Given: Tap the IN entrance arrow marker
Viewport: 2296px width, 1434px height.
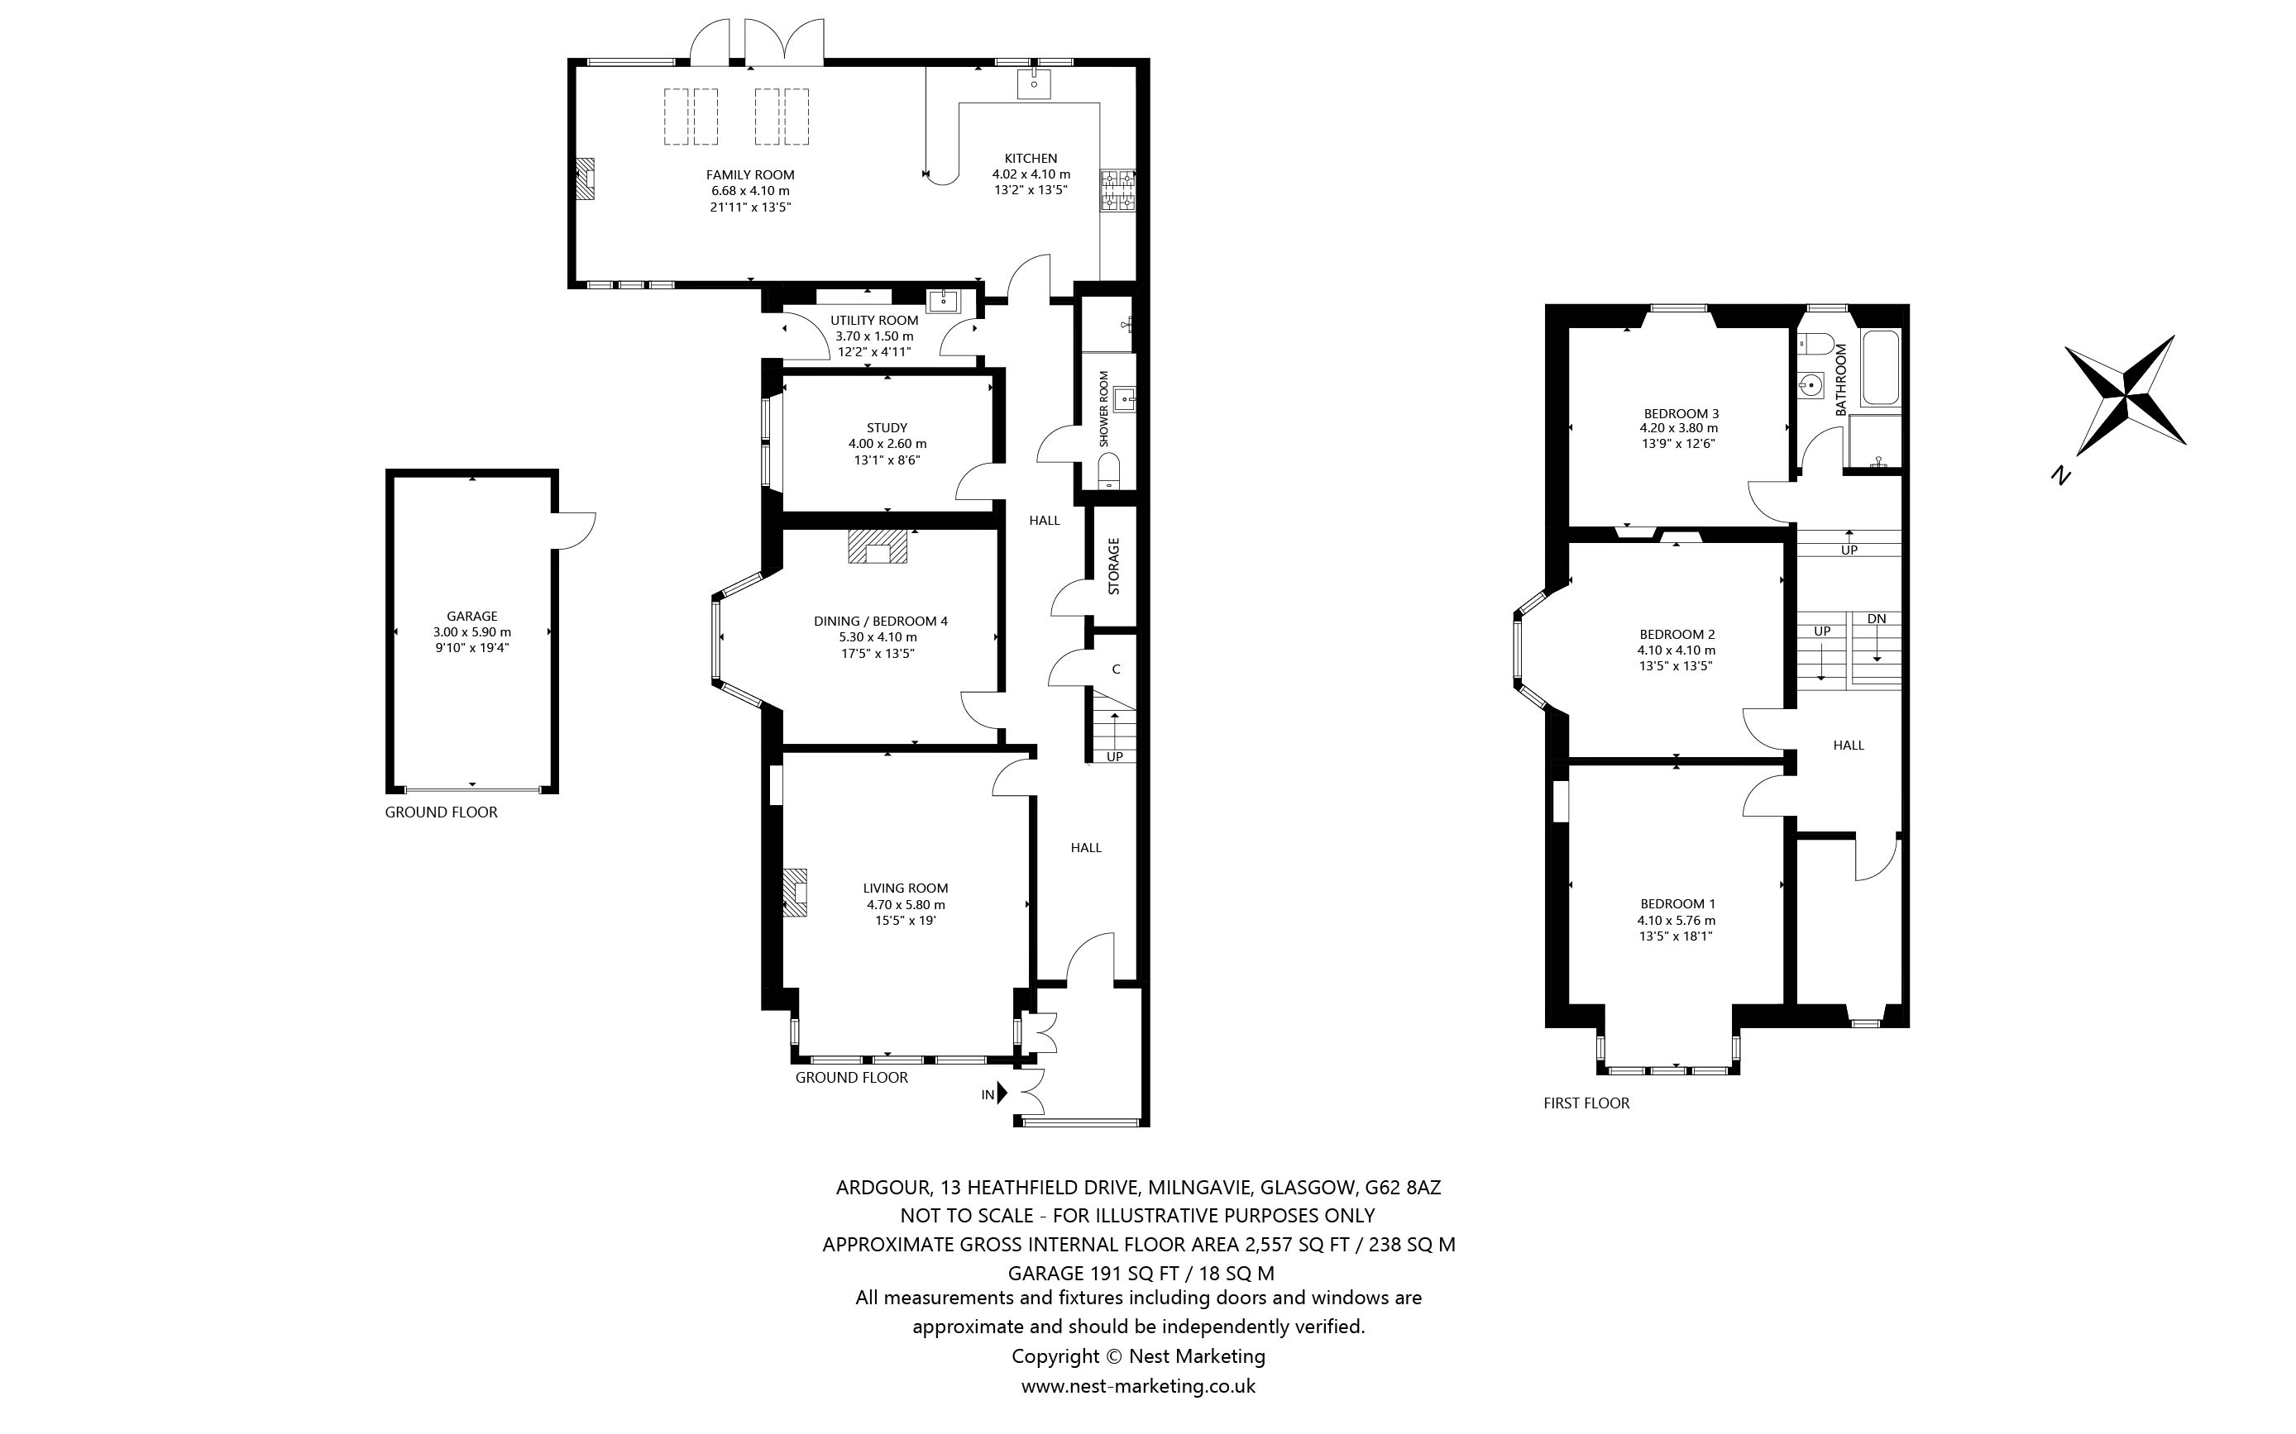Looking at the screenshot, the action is coord(1002,1094).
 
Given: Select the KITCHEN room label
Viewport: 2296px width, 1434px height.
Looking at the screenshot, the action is coord(1031,159).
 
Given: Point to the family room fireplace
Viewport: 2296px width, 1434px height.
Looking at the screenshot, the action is coord(588,179).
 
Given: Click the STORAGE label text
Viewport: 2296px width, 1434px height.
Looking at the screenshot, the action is coord(1114,566).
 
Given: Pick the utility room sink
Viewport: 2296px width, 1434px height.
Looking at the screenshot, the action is coord(944,302).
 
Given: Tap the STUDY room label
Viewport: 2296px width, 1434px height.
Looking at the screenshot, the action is coord(887,428).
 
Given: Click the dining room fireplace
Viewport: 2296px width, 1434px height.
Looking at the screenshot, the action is coord(878,547).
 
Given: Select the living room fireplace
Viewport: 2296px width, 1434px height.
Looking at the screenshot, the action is coord(795,893).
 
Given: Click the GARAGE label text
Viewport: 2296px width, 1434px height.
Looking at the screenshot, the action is coord(472,617).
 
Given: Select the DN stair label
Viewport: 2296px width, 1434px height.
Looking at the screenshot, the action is coord(1877,619).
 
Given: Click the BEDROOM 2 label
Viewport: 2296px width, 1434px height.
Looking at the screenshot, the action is coord(1677,635).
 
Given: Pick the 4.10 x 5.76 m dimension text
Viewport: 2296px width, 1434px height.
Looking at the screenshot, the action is coord(1677,920).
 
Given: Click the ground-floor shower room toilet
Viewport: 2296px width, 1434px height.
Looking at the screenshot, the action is coord(1109,471).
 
